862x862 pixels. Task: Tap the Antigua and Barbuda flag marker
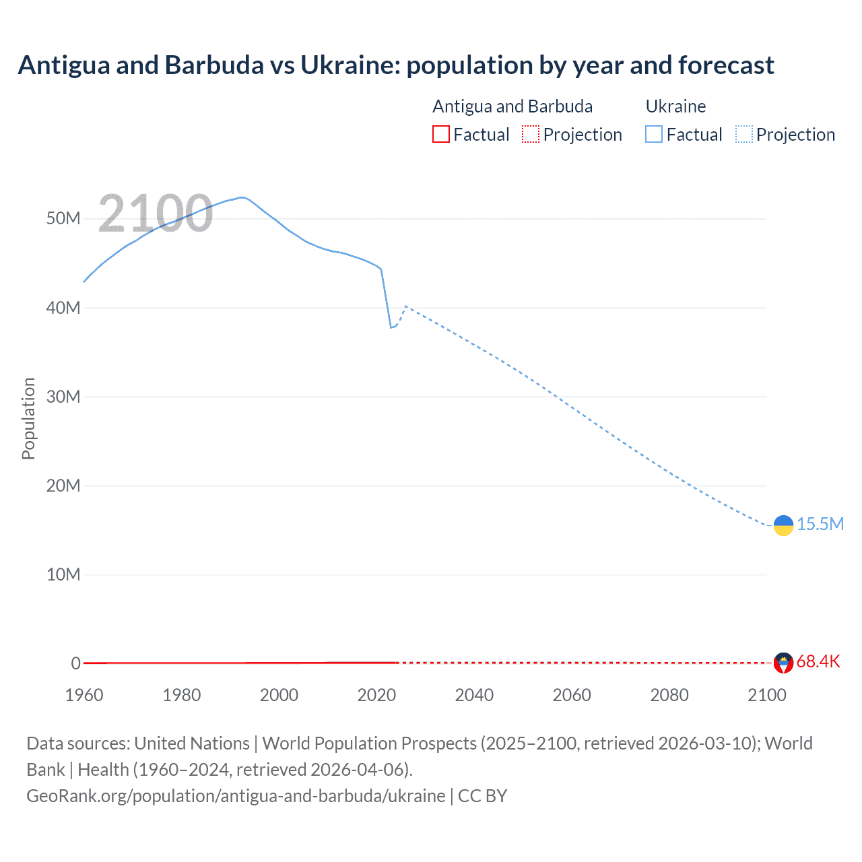(x=783, y=663)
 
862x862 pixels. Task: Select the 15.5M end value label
(x=820, y=524)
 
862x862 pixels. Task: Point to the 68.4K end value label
(x=818, y=661)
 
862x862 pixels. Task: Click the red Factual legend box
(x=440, y=134)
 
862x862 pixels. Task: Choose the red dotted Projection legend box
(x=531, y=134)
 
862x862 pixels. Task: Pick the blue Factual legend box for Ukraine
(x=654, y=134)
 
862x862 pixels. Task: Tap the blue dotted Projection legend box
(x=744, y=134)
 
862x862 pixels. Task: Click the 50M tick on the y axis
(x=63, y=219)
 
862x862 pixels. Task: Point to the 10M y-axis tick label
(x=63, y=574)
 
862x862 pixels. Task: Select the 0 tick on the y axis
(x=75, y=663)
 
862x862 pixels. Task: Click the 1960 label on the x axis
(x=84, y=695)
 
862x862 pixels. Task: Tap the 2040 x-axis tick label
(x=474, y=695)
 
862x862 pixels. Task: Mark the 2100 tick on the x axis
(x=766, y=695)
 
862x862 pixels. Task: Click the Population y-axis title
(x=28, y=418)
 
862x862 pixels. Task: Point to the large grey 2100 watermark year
(x=156, y=213)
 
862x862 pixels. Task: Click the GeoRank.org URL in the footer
(x=236, y=795)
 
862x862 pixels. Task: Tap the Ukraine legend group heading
(x=675, y=106)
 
